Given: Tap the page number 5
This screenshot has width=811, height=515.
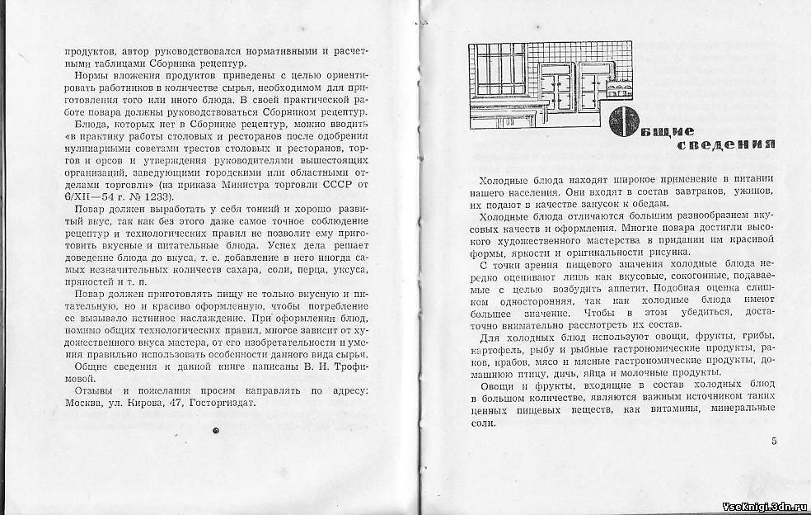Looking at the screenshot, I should click(774, 441).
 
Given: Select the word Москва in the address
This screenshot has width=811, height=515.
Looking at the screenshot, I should click(83, 404).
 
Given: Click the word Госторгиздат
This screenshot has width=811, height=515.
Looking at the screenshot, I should click(221, 404).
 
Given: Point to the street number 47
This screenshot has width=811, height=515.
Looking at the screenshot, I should click(173, 404).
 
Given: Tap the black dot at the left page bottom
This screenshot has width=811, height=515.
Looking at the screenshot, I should click(215, 430).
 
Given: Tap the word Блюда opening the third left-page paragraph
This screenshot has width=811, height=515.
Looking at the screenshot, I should click(91, 123).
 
